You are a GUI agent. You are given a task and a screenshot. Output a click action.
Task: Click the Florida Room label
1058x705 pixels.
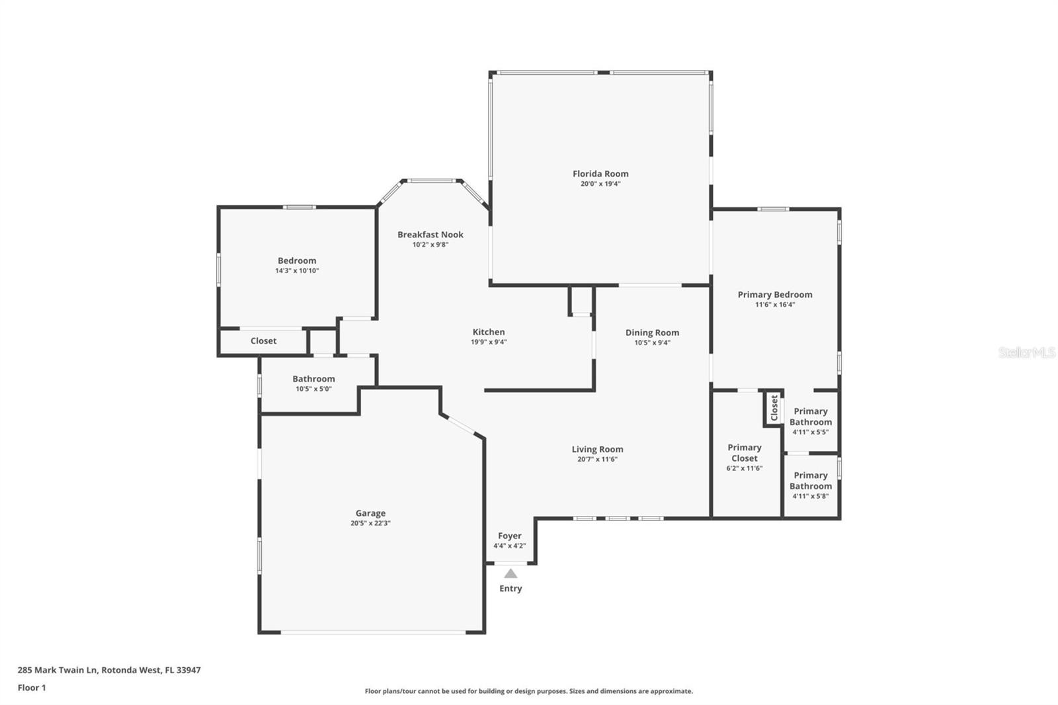[600, 174]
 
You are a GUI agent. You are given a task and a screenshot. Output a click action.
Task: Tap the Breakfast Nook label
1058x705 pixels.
[430, 235]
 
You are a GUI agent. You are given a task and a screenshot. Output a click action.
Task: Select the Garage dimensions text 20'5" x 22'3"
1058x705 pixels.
[370, 523]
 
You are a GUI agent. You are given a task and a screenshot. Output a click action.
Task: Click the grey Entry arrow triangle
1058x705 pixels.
[510, 573]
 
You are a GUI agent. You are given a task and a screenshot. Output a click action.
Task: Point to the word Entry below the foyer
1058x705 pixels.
[510, 589]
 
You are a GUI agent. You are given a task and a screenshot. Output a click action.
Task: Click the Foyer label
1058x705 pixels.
[509, 536]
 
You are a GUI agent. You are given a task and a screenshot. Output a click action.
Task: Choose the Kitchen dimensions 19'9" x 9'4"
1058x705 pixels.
[489, 342]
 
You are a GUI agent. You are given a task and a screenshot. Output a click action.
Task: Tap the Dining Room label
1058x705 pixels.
[652, 333]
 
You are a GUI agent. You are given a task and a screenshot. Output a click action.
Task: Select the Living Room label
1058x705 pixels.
[597, 449]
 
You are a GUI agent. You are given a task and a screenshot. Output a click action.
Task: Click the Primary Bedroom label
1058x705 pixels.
[775, 294]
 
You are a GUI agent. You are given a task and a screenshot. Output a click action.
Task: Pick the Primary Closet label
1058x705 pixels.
[745, 453]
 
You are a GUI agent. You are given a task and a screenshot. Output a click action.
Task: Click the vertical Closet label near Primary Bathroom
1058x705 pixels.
[774, 407]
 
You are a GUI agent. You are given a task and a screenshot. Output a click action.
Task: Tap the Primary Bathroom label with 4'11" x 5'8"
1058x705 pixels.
[811, 481]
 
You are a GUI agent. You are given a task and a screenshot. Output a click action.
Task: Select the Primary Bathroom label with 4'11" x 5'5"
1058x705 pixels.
[811, 417]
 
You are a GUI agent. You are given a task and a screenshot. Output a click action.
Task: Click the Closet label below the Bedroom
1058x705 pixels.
[263, 341]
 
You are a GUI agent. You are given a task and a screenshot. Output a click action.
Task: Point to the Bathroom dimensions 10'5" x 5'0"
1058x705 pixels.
[313, 389]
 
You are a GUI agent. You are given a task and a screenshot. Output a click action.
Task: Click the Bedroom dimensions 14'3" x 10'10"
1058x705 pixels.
[297, 270]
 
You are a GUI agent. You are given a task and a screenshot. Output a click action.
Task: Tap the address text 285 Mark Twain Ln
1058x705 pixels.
[58, 670]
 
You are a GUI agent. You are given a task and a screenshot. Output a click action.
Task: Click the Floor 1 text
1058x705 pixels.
[32, 688]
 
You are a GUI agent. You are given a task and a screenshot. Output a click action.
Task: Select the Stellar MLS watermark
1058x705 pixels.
[1027, 352]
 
